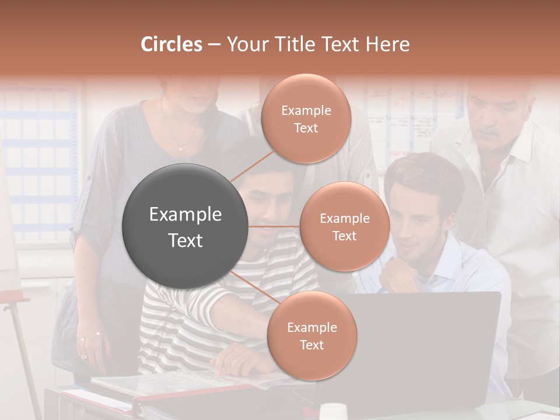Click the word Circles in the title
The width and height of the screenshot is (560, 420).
coord(171,44)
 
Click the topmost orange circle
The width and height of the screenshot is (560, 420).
coord(306,118)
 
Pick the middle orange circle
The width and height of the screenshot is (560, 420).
coord(344,226)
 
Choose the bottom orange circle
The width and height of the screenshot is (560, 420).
coord(311,335)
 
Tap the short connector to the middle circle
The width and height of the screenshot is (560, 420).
coord(274,226)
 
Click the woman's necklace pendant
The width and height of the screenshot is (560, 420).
coord(181,149)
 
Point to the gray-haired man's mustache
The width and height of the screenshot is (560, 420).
coord(489,134)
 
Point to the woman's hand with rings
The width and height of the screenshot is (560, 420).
coord(87,341)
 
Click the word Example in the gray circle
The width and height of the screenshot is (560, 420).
coord(185,215)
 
